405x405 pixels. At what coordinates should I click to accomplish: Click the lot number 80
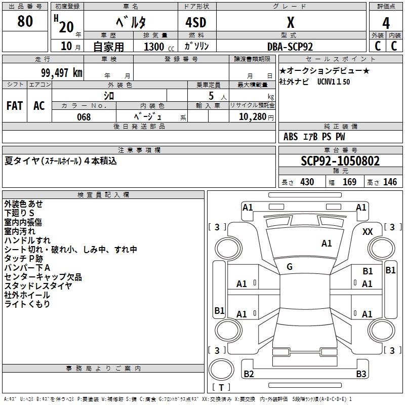(25, 21)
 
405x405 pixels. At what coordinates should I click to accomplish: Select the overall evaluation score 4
(386, 23)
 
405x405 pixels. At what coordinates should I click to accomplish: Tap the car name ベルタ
(131, 22)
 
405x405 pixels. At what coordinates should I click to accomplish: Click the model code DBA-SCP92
(290, 47)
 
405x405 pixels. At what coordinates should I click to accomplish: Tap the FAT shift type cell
(14, 105)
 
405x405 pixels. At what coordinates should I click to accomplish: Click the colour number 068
(84, 117)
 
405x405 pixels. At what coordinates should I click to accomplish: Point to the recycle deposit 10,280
(252, 117)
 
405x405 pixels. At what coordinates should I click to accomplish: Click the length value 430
(307, 182)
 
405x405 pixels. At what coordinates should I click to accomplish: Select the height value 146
(390, 182)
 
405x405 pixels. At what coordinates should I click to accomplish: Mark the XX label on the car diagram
(368, 231)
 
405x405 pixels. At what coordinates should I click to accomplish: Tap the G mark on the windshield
(290, 267)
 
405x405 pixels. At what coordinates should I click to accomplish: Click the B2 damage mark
(249, 374)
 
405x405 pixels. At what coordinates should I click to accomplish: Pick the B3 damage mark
(361, 374)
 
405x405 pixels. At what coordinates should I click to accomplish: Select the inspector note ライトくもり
(27, 304)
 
